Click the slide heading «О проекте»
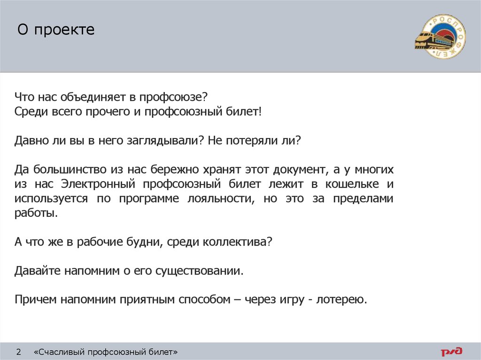pyautogui.click(x=56, y=31)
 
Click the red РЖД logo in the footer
pyautogui.click(x=451, y=351)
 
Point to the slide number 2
pyautogui.click(x=19, y=352)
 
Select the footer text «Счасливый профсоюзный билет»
pyautogui.click(x=106, y=352)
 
